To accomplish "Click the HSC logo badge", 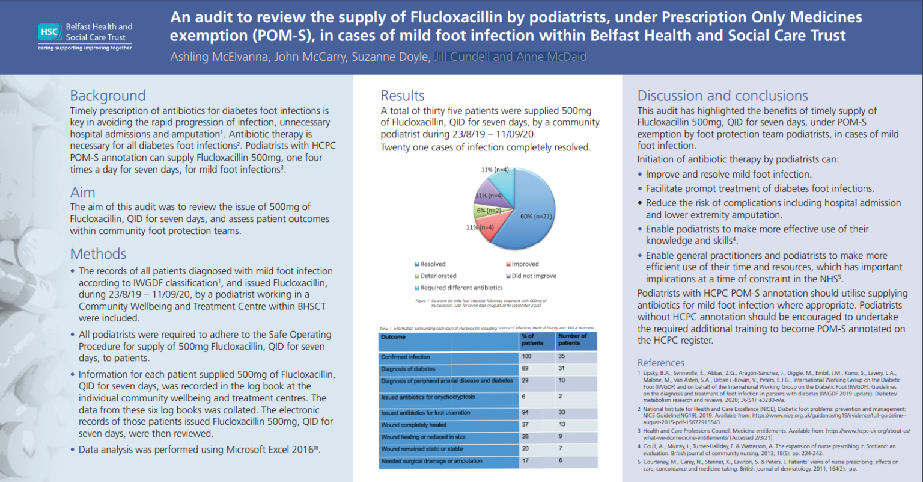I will click(x=49, y=32).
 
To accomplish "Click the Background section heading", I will click(x=108, y=96).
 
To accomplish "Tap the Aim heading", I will click(x=82, y=193).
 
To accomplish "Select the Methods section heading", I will click(x=98, y=254).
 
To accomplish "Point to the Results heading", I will click(x=403, y=96).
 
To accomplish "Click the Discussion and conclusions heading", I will click(x=722, y=96).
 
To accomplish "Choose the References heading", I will click(x=660, y=363).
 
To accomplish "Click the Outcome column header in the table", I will click(x=394, y=337).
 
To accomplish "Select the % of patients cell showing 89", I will click(x=525, y=368).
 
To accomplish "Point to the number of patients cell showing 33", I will click(x=562, y=412).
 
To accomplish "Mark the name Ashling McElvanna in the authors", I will click(x=219, y=57).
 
